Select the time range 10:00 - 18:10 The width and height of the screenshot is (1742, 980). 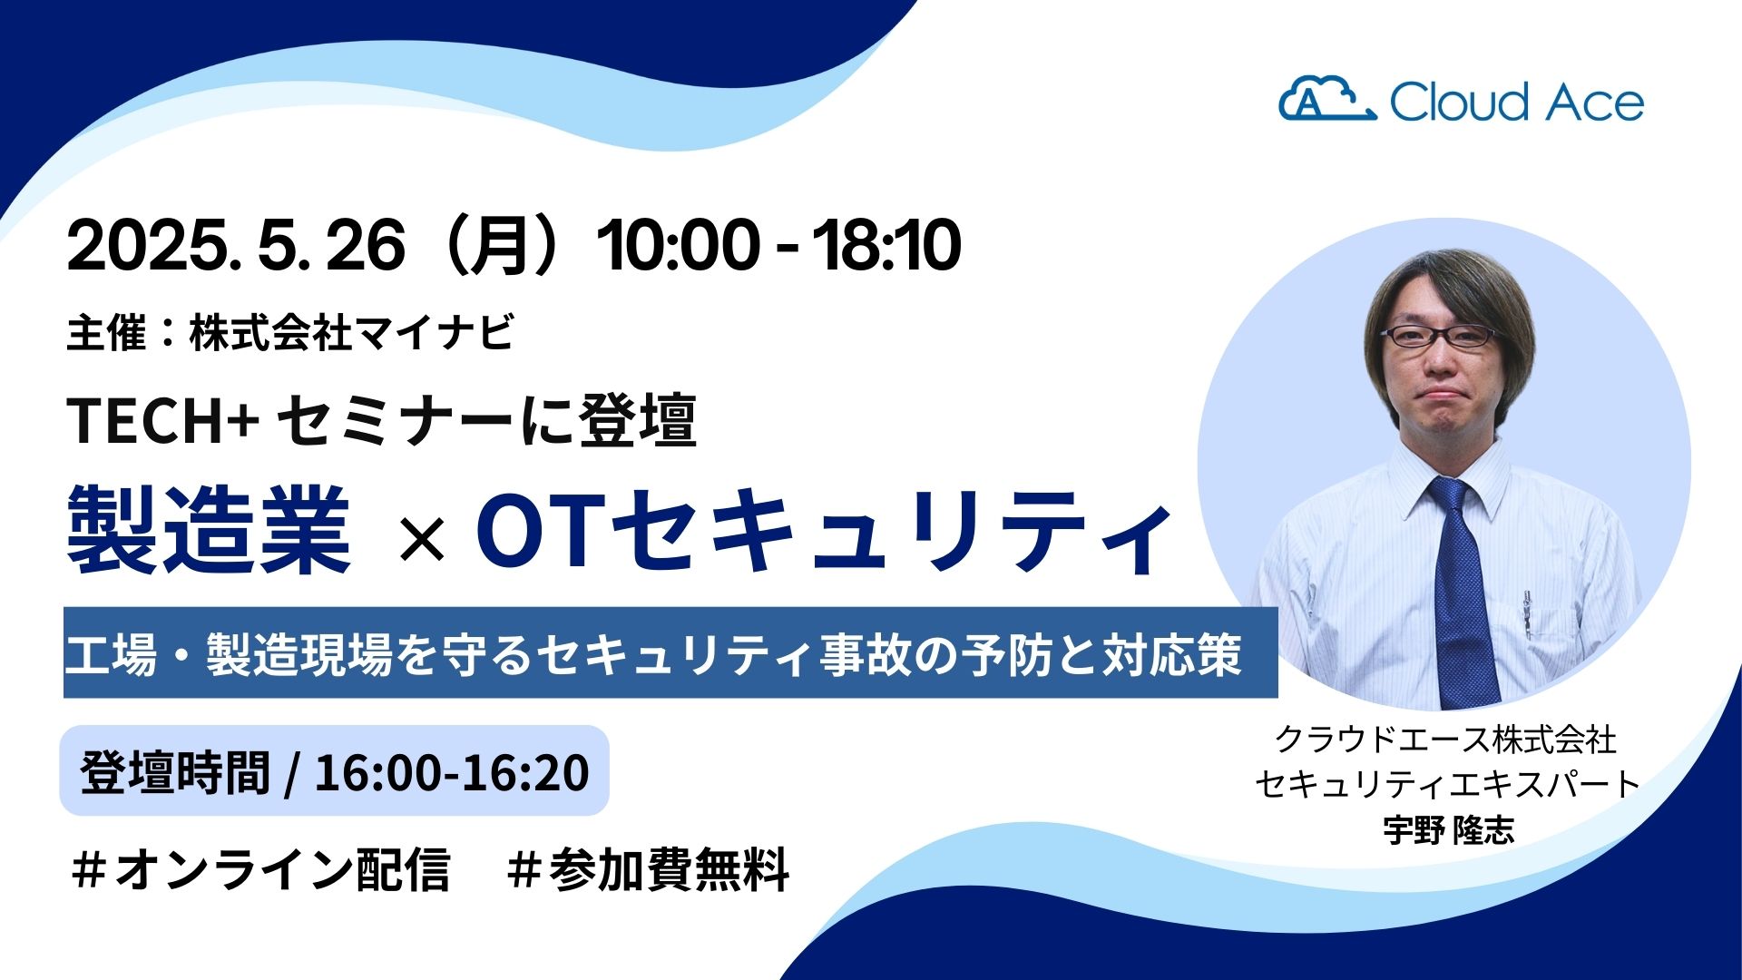[x=778, y=246]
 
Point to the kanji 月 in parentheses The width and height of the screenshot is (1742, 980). [x=500, y=246]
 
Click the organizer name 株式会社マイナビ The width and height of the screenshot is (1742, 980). [x=352, y=332]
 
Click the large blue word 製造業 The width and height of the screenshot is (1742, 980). [x=209, y=530]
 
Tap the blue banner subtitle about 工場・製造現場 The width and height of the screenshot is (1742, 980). [x=670, y=653]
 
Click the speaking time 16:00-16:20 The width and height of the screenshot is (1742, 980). [x=452, y=772]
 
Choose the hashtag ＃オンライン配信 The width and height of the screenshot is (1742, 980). [x=260, y=870]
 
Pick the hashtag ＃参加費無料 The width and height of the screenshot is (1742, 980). [x=649, y=870]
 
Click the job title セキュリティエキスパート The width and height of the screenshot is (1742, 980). [x=1448, y=784]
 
